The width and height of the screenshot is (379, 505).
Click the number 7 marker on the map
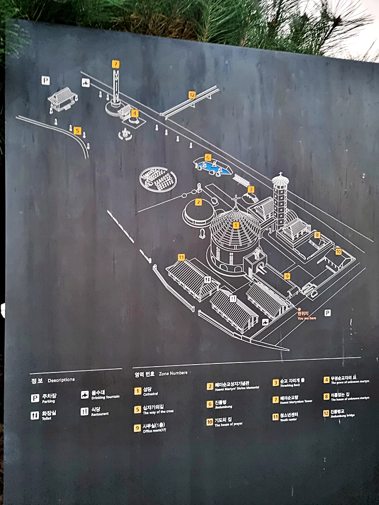click(115, 64)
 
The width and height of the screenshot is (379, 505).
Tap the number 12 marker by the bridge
click(192, 95)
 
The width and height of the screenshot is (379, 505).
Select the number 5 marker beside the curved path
click(77, 130)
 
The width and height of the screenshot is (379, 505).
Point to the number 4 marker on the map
click(135, 113)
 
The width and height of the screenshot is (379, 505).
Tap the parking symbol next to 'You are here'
click(327, 312)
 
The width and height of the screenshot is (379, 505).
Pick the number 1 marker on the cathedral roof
click(236, 225)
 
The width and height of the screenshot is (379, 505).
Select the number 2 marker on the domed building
click(198, 201)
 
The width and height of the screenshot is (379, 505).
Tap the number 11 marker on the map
click(181, 257)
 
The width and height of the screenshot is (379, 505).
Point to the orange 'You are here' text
click(307, 318)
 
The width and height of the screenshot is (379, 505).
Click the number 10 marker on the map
click(338, 251)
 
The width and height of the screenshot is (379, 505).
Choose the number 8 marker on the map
click(317, 235)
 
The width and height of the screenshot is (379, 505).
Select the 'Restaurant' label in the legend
click(99, 414)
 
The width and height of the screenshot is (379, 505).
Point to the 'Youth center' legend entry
click(289, 420)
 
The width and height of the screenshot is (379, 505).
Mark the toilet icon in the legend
click(35, 415)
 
